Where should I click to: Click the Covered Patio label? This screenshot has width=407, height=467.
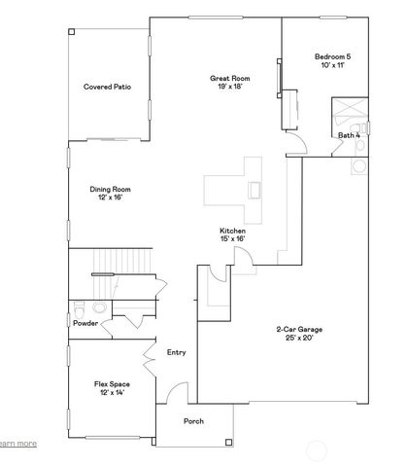(x=108, y=87)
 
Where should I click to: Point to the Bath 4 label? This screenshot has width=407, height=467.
(x=349, y=134)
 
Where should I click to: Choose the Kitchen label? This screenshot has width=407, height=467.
(x=232, y=230)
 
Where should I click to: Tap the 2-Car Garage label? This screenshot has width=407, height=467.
(x=297, y=329)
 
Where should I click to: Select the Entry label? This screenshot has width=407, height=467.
(x=177, y=352)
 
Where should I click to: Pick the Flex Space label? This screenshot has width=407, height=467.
(x=114, y=384)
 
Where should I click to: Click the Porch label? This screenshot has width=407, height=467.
(x=194, y=421)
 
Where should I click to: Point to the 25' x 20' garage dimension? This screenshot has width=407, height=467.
(x=297, y=338)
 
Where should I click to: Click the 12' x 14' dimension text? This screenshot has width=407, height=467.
(x=114, y=393)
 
